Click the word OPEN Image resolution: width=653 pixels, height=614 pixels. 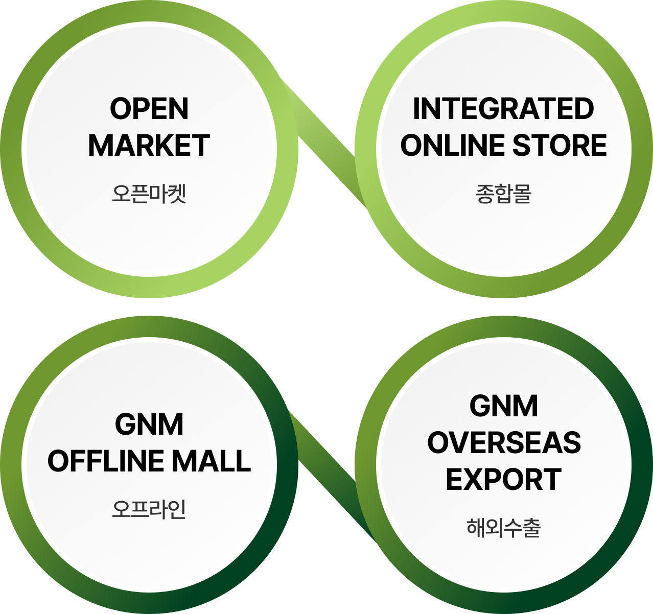point(149,109)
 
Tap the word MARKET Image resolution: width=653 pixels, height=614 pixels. point(149,146)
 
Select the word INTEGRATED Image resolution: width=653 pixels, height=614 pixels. point(503,109)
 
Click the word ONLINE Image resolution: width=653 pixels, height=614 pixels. point(453,146)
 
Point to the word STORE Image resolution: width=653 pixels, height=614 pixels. point(559,146)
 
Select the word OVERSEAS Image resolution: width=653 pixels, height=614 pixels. point(504,443)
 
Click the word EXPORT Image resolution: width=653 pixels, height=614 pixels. point(503,480)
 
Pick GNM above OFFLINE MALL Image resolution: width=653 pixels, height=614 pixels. point(149,424)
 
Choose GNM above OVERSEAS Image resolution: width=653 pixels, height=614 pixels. point(504,406)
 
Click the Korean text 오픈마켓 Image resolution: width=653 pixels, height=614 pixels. point(149,194)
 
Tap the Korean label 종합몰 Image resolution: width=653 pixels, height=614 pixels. point(504,194)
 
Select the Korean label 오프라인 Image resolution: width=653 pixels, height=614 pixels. point(149,509)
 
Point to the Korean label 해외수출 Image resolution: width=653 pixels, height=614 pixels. point(504,528)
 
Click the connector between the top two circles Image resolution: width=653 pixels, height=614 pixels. point(327,148)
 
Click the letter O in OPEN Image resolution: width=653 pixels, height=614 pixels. point(120,109)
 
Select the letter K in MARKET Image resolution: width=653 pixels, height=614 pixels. point(160,146)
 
